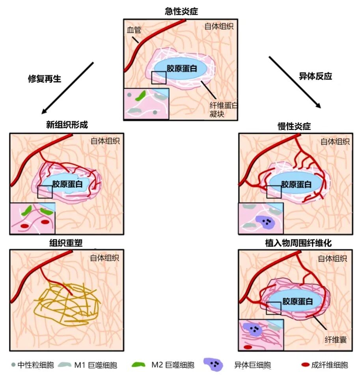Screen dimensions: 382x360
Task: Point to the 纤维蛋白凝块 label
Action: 223,109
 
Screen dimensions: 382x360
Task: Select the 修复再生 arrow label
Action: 45,78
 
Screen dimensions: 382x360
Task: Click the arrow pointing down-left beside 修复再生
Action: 68,86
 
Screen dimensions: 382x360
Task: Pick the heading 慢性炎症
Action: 294,126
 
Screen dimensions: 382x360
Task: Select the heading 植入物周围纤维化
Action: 298,243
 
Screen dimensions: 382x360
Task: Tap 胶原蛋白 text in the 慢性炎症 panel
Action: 296,184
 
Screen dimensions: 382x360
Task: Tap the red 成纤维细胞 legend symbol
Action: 306,365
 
